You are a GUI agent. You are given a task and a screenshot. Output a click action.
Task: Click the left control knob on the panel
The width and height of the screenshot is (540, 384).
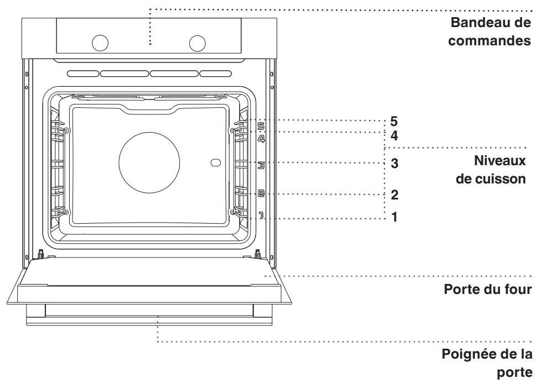pos(100,43)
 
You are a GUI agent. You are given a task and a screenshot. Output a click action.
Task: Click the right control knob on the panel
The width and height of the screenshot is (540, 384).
pos(198,43)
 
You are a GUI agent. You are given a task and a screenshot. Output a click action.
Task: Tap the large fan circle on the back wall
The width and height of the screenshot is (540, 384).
pos(149,162)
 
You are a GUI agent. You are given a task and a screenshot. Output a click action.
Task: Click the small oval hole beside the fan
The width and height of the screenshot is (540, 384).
pos(216,162)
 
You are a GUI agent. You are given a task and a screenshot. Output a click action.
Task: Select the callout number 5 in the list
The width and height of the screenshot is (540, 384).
pos(393,122)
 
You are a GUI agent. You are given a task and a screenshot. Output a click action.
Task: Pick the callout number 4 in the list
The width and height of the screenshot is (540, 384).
pos(394,136)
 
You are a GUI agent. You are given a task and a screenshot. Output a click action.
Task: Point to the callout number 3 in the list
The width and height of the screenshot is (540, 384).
pos(394,164)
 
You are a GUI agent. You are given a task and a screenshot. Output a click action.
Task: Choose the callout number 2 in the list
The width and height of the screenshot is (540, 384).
pos(394,195)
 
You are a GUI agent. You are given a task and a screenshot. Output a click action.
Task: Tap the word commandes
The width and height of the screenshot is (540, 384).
pos(489,40)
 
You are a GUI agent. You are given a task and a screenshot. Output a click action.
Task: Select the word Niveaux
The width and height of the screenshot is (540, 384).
pos(500,161)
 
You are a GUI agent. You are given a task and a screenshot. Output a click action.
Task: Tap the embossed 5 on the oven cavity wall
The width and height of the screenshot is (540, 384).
pos(261,126)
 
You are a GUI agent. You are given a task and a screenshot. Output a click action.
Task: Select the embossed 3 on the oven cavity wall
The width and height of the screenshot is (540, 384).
pos(261,166)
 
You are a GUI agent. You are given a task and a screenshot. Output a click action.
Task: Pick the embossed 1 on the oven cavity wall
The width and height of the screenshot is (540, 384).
pos(261,215)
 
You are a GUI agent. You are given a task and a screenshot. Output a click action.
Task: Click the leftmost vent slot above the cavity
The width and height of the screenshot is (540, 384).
pos(84,73)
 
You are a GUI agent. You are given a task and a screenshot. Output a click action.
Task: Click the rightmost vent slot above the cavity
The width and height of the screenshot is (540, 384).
pos(216,73)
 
